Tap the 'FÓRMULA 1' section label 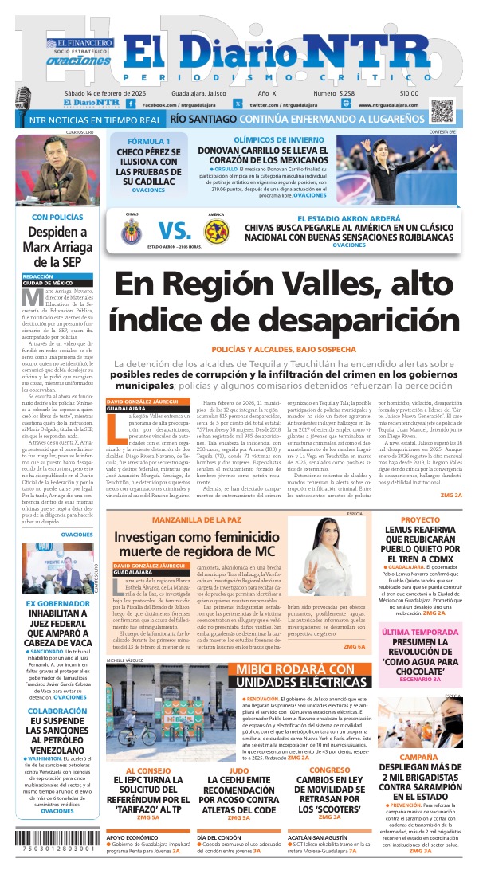point(143,141)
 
